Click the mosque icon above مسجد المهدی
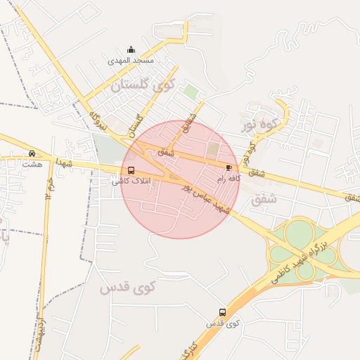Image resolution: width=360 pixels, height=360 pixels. [x=131, y=50]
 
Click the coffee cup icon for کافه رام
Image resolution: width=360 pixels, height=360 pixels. [x=229, y=167]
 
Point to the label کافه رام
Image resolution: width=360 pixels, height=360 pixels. [x=229, y=179]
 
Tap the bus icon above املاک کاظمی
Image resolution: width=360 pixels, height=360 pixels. [x=131, y=171]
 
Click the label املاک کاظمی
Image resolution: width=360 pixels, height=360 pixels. [x=131, y=181]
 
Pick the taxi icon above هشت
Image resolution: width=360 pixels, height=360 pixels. [x=32, y=154]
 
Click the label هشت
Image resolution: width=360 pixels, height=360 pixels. [x=32, y=165]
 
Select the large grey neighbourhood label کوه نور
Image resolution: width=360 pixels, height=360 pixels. [x=261, y=125]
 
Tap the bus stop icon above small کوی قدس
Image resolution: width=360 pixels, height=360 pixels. [x=223, y=312]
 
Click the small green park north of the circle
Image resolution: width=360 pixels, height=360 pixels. [x=191, y=91]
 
